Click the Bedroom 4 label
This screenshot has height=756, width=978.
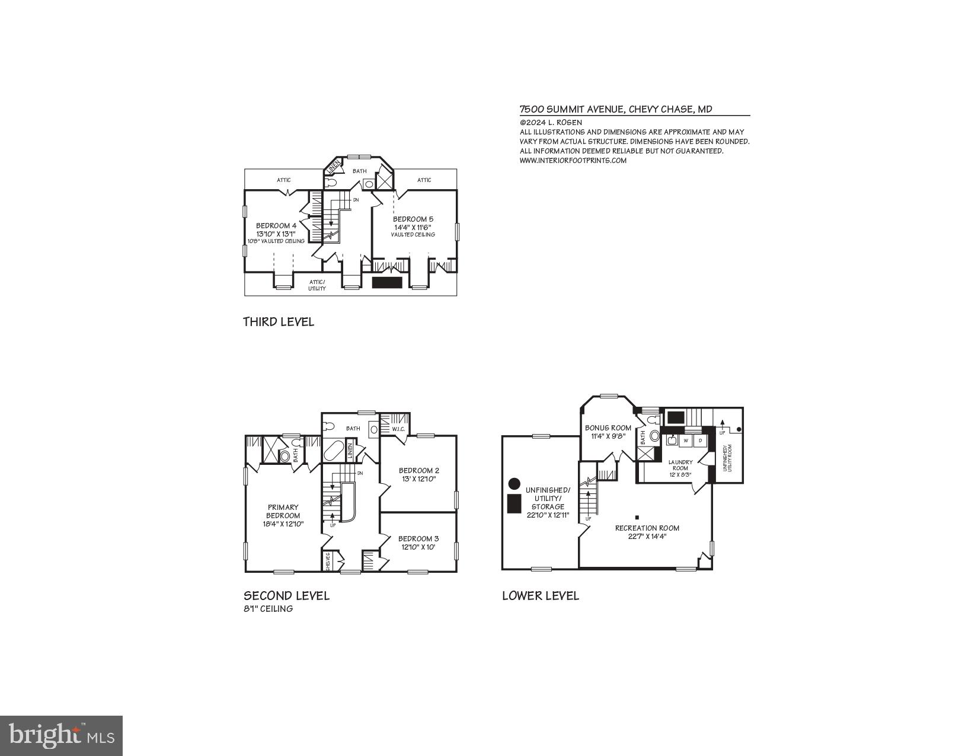(x=276, y=225)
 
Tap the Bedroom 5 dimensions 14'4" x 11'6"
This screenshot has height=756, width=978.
(x=413, y=227)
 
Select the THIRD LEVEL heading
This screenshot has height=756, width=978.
(x=278, y=322)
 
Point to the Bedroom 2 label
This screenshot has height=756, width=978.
(x=418, y=471)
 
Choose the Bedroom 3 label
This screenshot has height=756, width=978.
(x=418, y=539)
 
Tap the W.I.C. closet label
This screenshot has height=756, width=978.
(x=398, y=429)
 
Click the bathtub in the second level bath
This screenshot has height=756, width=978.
(x=333, y=451)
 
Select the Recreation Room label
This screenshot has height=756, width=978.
(x=647, y=528)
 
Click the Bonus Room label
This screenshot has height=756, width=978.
(x=608, y=428)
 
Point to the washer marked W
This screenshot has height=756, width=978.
(x=686, y=441)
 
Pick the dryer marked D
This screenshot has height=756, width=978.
(x=700, y=441)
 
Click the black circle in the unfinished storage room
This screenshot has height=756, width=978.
(x=514, y=483)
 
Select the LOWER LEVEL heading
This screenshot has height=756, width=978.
(x=540, y=596)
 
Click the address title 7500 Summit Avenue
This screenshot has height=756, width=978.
(x=615, y=109)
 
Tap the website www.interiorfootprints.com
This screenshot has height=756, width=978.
(x=573, y=160)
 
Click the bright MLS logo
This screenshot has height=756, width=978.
(x=62, y=735)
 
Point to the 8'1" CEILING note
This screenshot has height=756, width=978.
(x=268, y=609)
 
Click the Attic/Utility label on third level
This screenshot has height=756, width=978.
(x=317, y=285)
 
